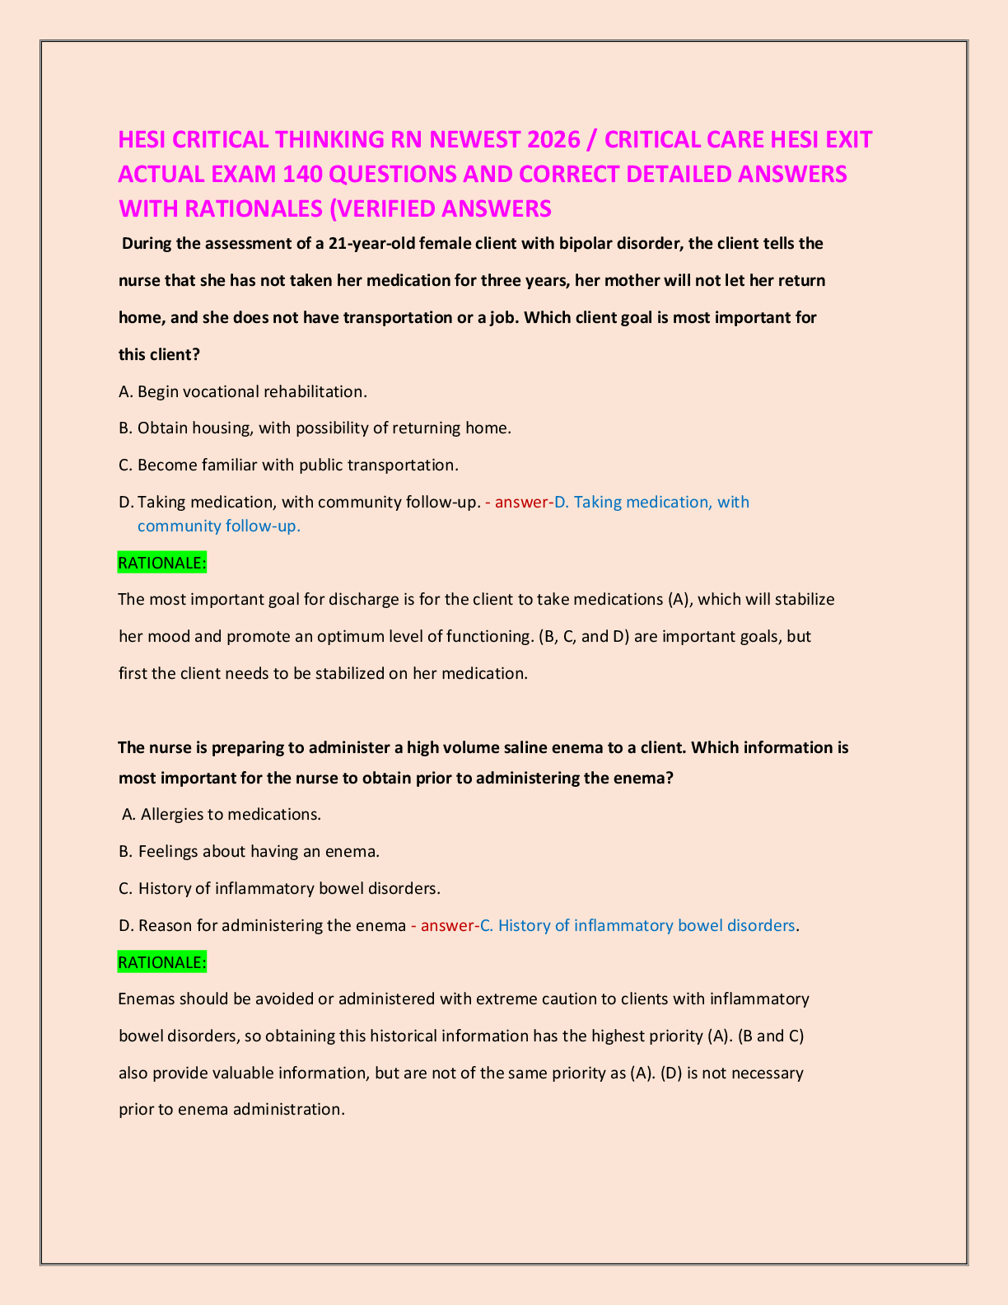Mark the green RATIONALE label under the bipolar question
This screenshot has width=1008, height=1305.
[162, 563]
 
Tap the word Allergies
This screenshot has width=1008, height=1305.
[172, 814]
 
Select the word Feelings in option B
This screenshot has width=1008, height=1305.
[168, 851]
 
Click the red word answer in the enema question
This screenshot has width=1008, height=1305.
[446, 925]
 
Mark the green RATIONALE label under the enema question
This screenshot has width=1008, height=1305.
[162, 962]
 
